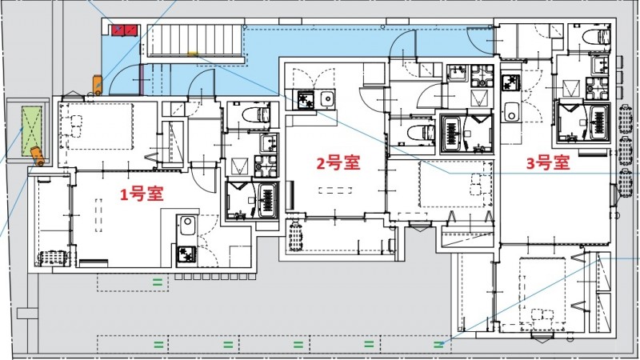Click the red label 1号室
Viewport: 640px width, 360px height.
142,194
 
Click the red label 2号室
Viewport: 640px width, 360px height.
338,163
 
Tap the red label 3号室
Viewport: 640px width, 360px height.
547,163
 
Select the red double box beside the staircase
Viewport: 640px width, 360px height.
124,30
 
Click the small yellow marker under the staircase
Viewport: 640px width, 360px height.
193,55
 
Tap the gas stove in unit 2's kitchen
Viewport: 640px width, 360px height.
306,100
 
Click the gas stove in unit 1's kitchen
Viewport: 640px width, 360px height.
186,254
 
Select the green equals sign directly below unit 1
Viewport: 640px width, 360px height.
158,282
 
